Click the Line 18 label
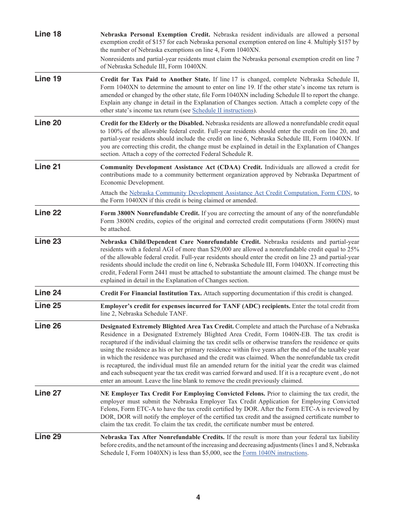click(x=48, y=34)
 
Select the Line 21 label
click(x=48, y=167)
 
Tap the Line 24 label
click(x=48, y=293)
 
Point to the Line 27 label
click(x=48, y=393)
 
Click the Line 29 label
click(x=48, y=437)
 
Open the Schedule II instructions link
click(x=223, y=111)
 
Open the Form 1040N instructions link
click(x=275, y=453)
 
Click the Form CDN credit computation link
click(x=240, y=193)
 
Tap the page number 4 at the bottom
click(x=198, y=498)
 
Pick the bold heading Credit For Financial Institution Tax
click(x=151, y=294)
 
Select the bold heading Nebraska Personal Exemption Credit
click(x=155, y=35)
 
